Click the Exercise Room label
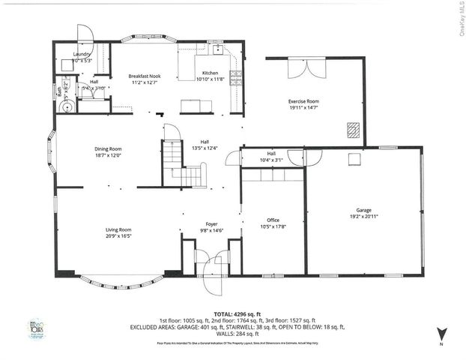tap(304, 100)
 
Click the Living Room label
tap(118, 229)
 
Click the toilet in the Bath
tap(67, 107)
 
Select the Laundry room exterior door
tap(85, 34)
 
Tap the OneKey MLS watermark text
tap(459, 19)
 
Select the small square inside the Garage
tap(353, 159)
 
